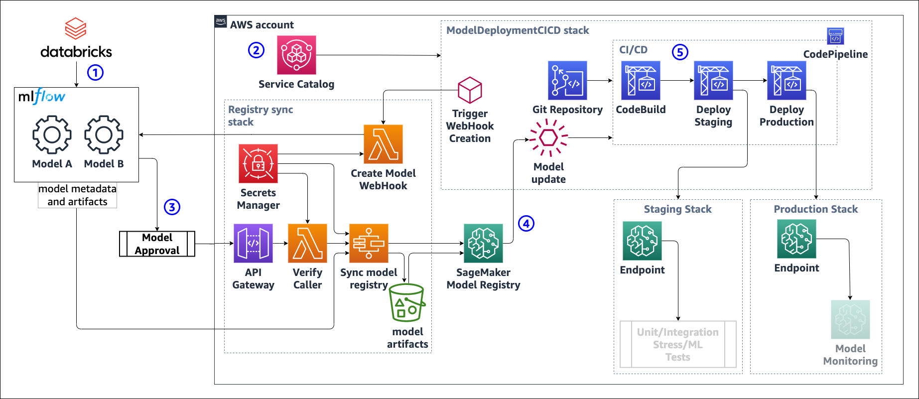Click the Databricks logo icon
pos(76,28)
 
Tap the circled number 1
pos(95,73)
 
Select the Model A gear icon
pos(52,134)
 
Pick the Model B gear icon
pos(104,134)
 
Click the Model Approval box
pos(157,244)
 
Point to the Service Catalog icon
pos(296,55)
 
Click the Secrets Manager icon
pos(258,163)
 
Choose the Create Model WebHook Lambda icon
pos(383,144)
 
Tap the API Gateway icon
pos(253,243)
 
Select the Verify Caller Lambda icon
pos(307,243)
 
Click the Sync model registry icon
pos(369,243)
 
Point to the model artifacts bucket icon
pos(407,303)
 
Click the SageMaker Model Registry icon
pos(483,243)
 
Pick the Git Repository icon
pos(567,81)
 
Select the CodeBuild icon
pos(641,81)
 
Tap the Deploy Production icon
pos(787,81)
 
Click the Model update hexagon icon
pos(548,137)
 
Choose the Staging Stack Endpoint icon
pos(642,241)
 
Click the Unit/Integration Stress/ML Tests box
pos(678,344)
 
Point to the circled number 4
pos(526,224)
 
